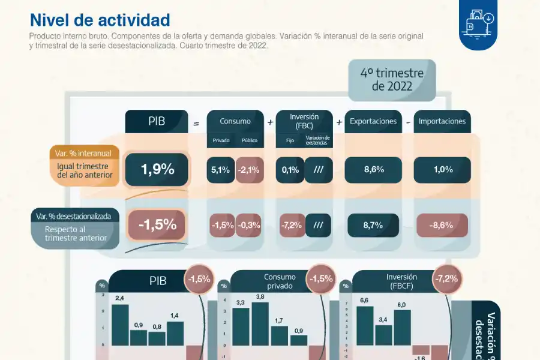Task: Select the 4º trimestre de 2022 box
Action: pos(392,80)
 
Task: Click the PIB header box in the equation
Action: pos(157,121)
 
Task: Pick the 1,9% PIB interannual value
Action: pos(157,169)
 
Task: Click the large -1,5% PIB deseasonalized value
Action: pos(157,225)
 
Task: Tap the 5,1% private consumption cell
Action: pos(220,170)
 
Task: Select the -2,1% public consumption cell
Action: pos(249,170)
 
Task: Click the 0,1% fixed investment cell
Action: pos(290,170)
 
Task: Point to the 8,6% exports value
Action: pos(373,170)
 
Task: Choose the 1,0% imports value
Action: pos(443,170)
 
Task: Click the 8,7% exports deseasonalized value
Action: pos(373,225)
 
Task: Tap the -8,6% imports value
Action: pos(443,225)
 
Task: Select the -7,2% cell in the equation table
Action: pos(290,225)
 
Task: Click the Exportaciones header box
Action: pos(373,121)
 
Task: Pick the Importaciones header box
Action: pos(442,121)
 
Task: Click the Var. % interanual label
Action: pos(83,154)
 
